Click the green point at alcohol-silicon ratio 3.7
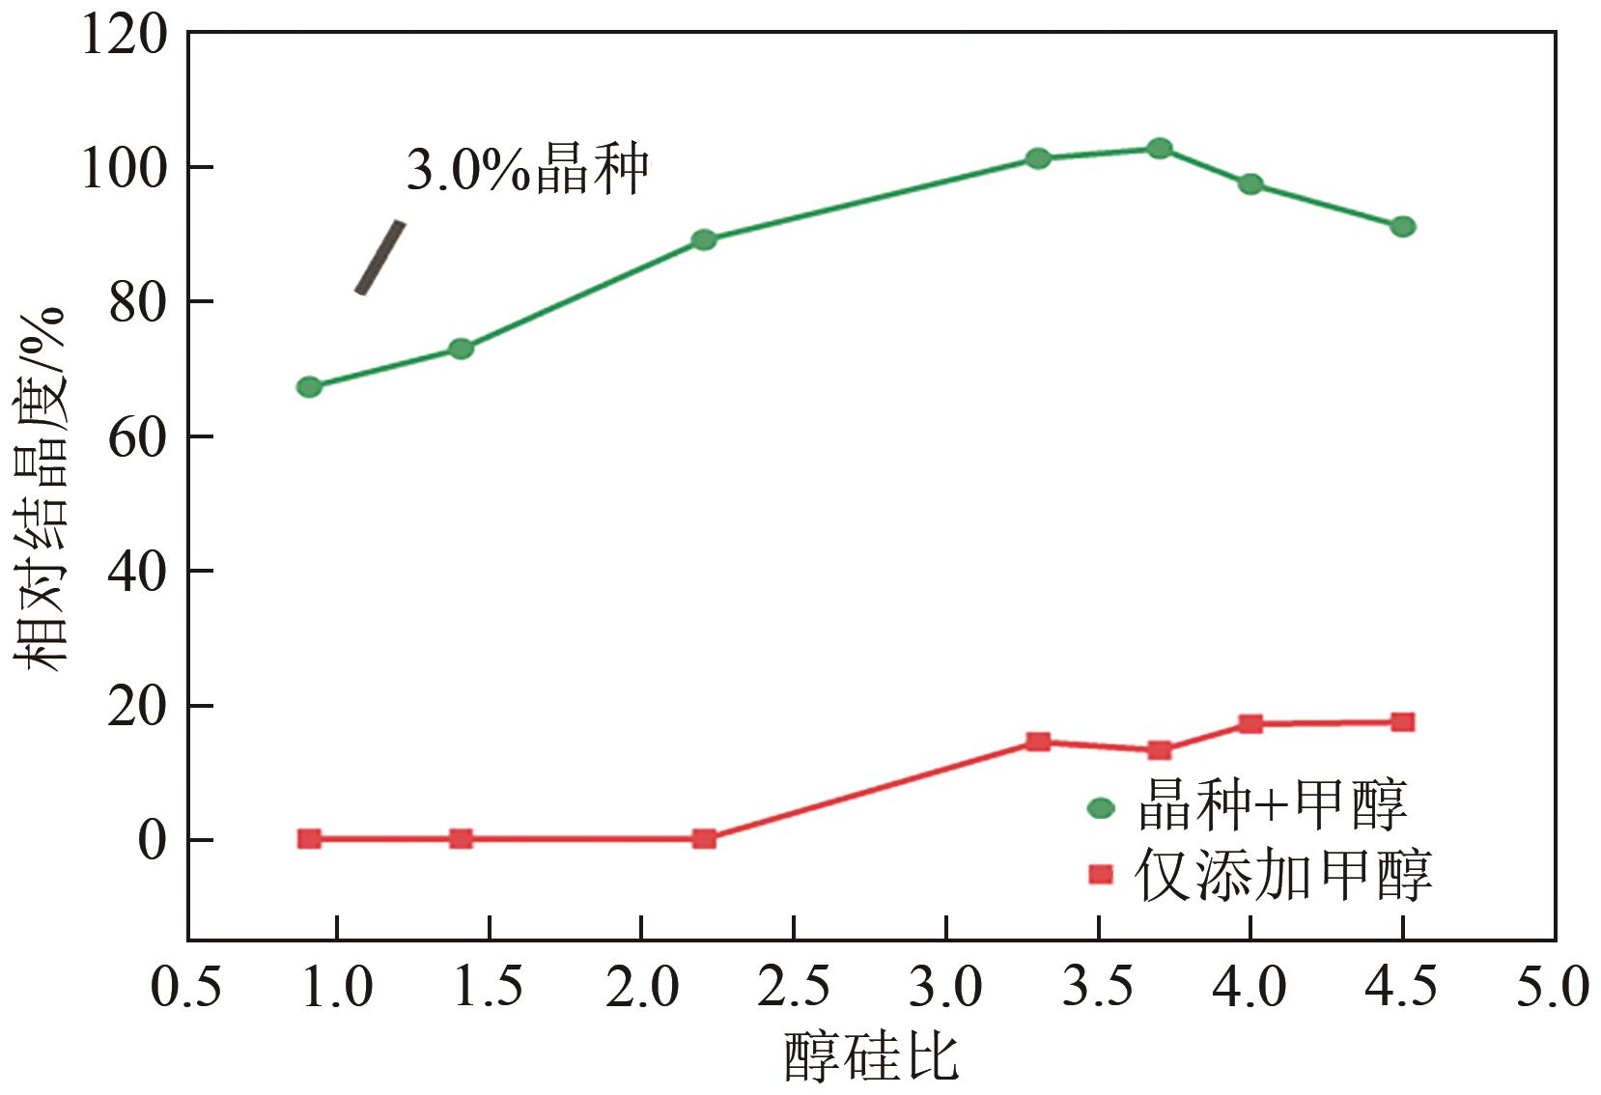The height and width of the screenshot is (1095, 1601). click(1160, 149)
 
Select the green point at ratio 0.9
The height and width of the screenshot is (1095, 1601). click(309, 387)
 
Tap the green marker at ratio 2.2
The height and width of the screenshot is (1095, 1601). click(704, 239)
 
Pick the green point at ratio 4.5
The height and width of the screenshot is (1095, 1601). click(1403, 227)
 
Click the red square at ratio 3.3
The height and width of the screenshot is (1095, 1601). click(1038, 742)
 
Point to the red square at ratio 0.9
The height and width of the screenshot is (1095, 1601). click(309, 838)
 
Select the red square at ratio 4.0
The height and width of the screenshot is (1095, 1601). click(1250, 723)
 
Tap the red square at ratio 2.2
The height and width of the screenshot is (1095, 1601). click(704, 838)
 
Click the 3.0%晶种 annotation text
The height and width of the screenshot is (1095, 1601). click(527, 171)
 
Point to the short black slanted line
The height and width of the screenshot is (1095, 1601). click(379, 258)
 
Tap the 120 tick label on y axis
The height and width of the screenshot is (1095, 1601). click(124, 36)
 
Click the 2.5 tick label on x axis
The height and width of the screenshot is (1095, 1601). click(793, 987)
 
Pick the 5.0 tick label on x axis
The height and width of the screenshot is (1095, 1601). click(1552, 987)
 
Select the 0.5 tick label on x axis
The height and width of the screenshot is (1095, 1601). click(186, 987)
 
